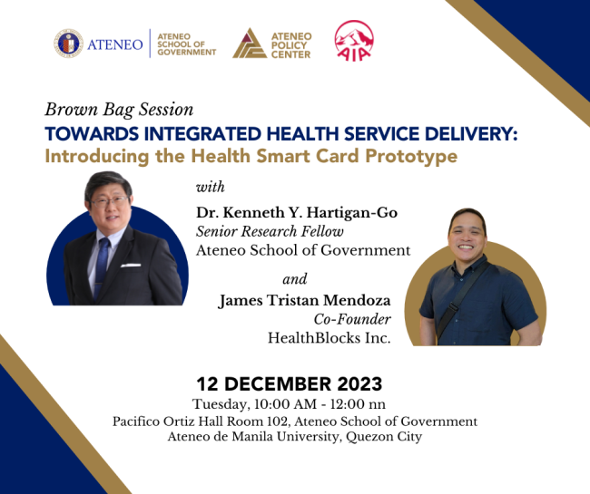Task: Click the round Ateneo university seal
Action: pos(69,43)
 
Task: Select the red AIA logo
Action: pos(352,41)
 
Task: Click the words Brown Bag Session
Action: pos(119,110)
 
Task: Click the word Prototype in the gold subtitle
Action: pos(405,156)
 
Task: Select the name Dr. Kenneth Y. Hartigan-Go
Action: pos(296,212)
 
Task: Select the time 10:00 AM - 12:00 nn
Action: pos(347,403)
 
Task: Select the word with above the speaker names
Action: pos(211,187)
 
